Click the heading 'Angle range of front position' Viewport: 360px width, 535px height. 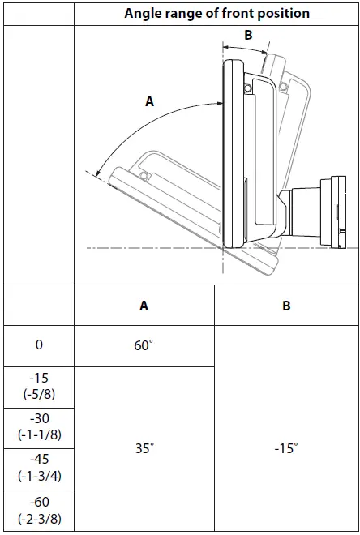217,13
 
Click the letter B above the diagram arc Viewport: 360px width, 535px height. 249,35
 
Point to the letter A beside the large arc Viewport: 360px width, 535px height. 149,101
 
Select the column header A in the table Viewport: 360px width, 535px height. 144,306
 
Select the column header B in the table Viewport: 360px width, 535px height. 287,306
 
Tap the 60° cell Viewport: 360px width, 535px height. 144,346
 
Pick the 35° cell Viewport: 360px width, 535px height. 144,448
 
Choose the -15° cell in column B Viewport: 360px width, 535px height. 286,448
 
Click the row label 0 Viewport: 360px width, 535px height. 39,345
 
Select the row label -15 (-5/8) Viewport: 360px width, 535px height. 39,386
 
